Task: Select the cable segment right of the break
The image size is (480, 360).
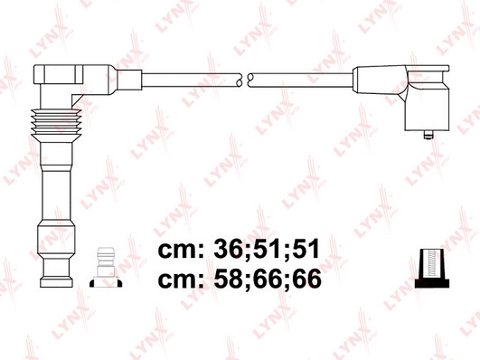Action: click(298, 80)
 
